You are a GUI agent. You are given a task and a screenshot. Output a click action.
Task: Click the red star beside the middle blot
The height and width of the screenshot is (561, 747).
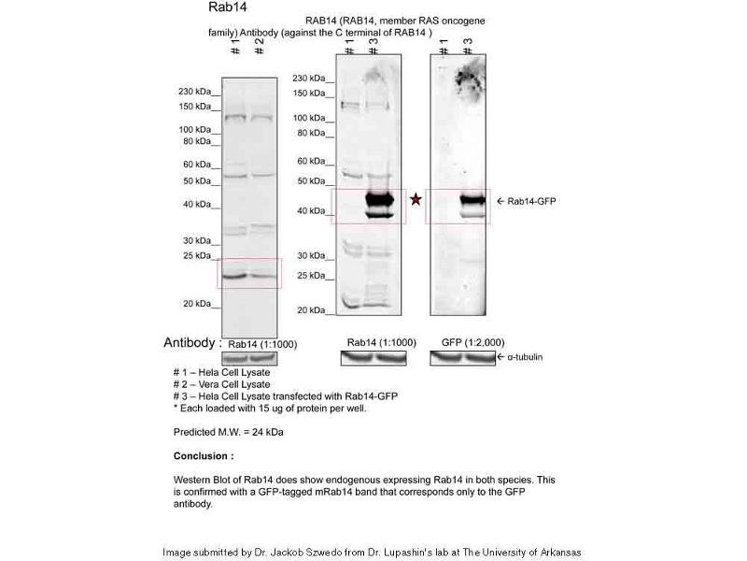click(416, 199)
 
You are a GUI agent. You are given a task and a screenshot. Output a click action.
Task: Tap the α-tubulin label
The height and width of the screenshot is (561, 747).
click(525, 357)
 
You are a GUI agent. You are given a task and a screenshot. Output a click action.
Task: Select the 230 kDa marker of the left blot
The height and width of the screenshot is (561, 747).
click(197, 92)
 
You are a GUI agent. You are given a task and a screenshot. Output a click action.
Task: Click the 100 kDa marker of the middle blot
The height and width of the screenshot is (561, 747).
click(310, 118)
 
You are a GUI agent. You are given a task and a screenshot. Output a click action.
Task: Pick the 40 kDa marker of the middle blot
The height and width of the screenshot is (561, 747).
click(311, 211)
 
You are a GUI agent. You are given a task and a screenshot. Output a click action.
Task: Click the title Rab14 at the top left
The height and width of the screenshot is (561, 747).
click(227, 7)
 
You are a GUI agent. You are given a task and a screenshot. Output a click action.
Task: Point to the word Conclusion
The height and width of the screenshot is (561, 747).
click(203, 455)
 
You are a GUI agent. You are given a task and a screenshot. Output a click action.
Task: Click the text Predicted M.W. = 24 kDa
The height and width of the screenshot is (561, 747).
click(228, 432)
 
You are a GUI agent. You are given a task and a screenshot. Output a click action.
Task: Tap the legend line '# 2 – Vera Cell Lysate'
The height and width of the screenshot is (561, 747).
click(221, 384)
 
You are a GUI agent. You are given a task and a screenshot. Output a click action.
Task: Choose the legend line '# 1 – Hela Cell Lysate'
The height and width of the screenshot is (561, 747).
click(221, 372)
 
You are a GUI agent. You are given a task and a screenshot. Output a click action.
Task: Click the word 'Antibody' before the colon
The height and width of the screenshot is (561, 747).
click(190, 343)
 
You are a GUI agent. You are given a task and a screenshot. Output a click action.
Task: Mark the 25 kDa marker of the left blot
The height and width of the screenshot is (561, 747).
click(197, 255)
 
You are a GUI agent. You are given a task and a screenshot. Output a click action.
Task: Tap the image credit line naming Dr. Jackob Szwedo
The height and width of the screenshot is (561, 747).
click(372, 552)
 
